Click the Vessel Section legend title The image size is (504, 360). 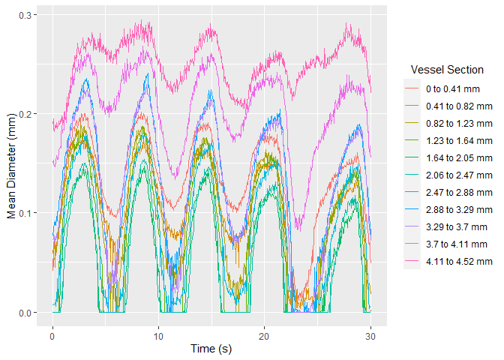coord(447,70)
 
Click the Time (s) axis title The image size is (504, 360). coord(211,348)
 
